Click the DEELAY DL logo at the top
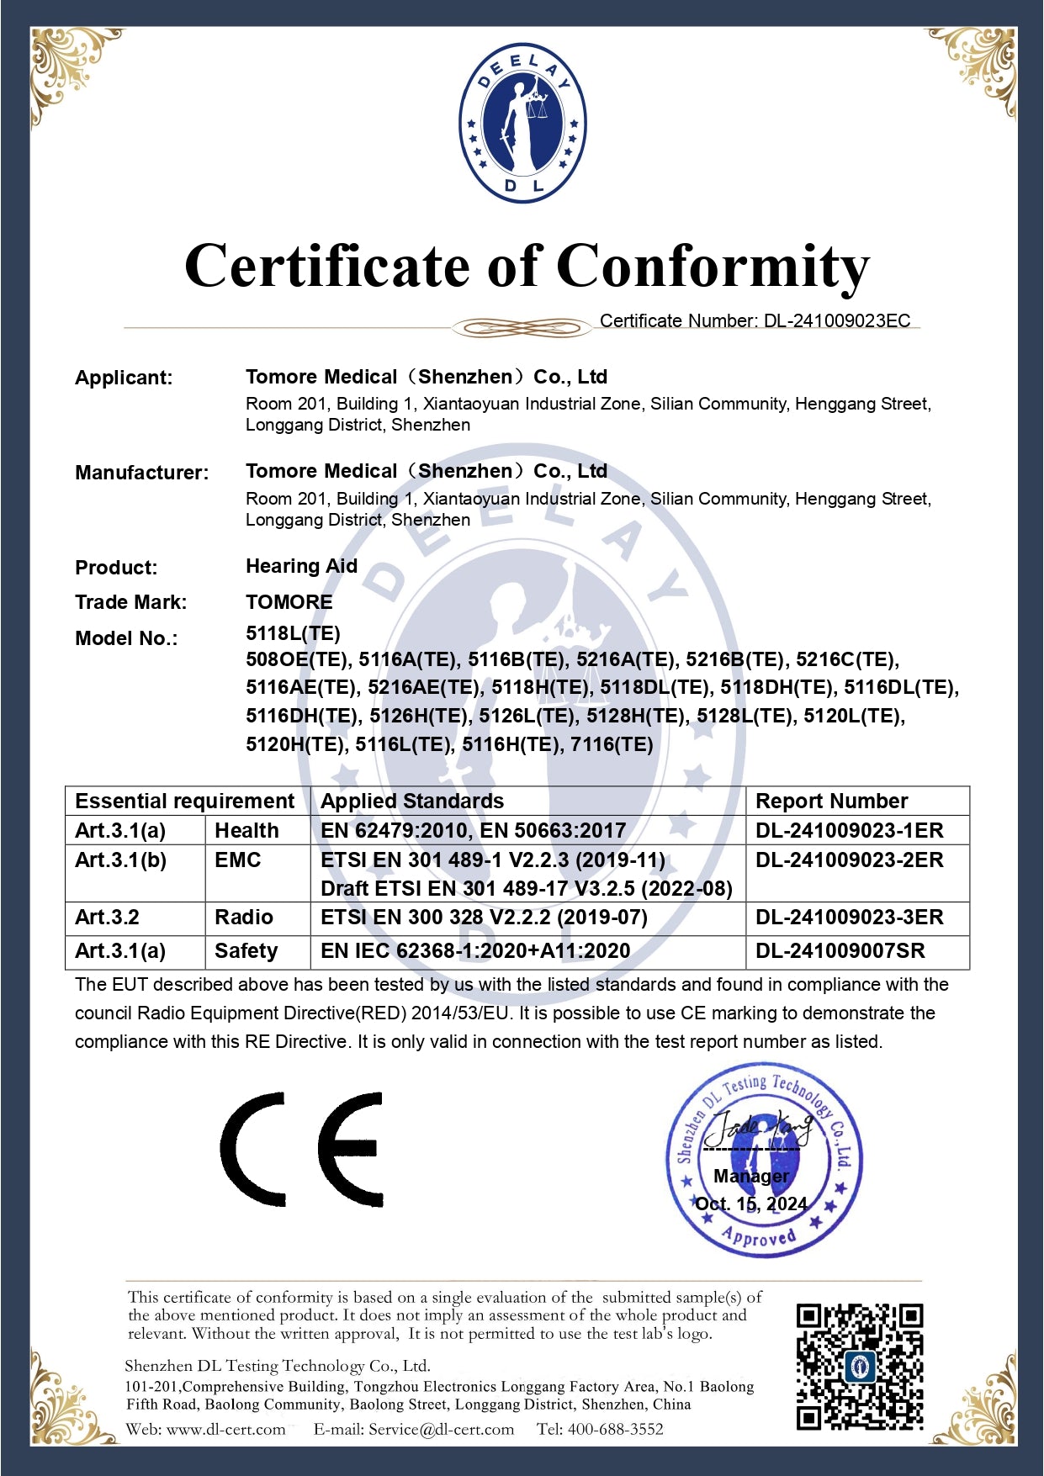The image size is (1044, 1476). point(522,123)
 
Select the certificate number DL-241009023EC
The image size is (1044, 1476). point(837,320)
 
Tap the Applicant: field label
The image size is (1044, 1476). point(124,378)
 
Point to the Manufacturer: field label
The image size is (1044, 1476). point(141,473)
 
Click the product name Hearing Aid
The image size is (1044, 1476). point(301,566)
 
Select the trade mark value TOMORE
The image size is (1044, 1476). point(289,602)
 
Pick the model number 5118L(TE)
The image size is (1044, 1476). point(293,633)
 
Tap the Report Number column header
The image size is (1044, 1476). point(831,801)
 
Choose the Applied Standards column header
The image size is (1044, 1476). point(412,801)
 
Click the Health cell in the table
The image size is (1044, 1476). point(246,831)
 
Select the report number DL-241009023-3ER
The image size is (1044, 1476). point(849,917)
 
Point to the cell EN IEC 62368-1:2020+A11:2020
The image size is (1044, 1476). point(475,951)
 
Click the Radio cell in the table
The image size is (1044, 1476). point(244,917)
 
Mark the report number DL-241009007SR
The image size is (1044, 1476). point(840,951)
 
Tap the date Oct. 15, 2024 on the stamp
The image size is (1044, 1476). point(750,1204)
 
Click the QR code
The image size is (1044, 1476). point(859,1367)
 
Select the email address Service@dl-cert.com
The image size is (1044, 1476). point(441,1429)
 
